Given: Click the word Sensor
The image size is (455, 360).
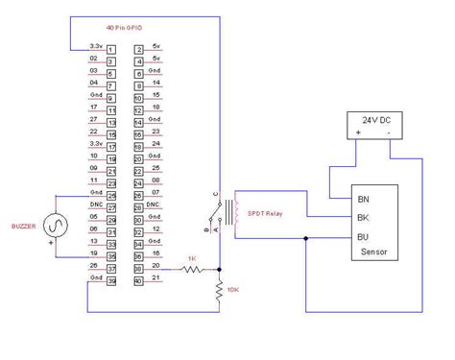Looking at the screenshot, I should coord(374,253).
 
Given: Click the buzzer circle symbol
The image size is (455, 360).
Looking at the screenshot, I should coord(54,228).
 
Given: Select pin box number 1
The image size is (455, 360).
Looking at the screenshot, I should coord(111,49).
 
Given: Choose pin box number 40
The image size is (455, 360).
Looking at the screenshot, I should coord(139,280).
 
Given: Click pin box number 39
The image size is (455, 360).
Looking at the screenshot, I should coord(111,280).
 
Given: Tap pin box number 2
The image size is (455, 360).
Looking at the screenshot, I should coord(139,49).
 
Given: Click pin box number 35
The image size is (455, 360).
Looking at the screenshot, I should coord(111,256).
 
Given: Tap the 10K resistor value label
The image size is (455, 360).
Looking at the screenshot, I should coord(235,287).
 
